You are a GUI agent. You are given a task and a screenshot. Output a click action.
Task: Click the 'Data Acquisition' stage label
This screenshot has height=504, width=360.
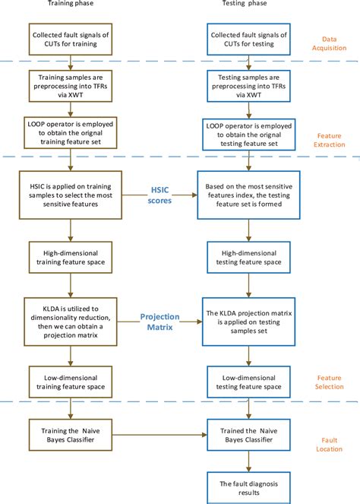(327, 44)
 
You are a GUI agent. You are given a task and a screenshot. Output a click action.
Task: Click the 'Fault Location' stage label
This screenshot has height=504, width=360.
(327, 454)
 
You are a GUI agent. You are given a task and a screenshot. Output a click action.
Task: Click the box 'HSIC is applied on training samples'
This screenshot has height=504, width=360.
(71, 195)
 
